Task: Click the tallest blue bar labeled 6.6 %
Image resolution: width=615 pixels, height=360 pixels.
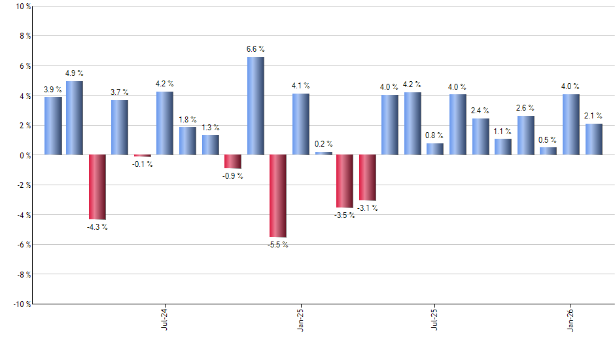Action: pyautogui.click(x=255, y=106)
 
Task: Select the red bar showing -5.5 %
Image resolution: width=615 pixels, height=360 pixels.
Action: pyautogui.click(x=278, y=196)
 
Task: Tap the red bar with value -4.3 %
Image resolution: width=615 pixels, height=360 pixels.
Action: pyautogui.click(x=97, y=187)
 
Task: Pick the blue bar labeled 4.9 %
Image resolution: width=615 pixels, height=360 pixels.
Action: pyautogui.click(x=75, y=118)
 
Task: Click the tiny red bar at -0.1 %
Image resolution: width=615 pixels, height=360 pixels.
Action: pyautogui.click(x=143, y=156)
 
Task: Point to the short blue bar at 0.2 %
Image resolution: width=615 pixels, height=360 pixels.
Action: pyautogui.click(x=323, y=153)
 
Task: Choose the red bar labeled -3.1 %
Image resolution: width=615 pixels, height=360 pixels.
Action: pyautogui.click(x=368, y=177)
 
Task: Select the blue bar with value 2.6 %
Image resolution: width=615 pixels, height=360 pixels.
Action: pyautogui.click(x=526, y=135)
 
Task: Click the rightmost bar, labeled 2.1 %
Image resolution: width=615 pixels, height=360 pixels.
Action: pyautogui.click(x=593, y=139)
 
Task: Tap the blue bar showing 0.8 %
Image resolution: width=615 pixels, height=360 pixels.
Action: pyautogui.click(x=435, y=149)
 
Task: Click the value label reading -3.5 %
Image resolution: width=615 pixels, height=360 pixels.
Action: pyautogui.click(x=345, y=215)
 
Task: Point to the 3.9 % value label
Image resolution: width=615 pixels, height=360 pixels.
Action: pyautogui.click(x=53, y=90)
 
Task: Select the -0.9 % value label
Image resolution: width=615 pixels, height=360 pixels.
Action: pyautogui.click(x=233, y=176)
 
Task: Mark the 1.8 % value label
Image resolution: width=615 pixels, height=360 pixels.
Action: pyautogui.click(x=188, y=120)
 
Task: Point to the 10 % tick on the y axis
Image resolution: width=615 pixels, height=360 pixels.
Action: pyautogui.click(x=22, y=7)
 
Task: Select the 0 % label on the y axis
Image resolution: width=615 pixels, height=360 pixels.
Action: pyautogui.click(x=24, y=155)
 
